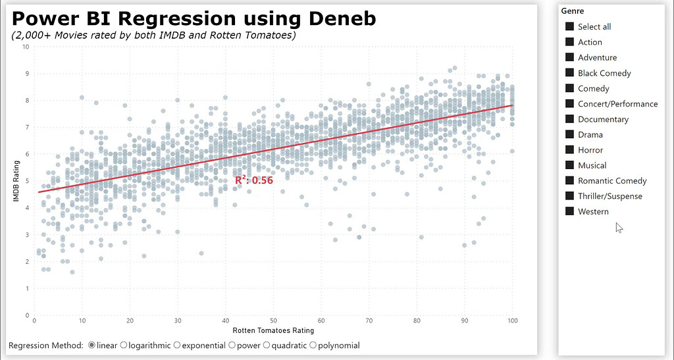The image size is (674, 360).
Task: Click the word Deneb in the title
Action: [340, 18]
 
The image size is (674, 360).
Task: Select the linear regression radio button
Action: [91, 345]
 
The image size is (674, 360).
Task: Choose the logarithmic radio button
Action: [123, 345]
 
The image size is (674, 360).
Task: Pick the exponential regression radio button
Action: [177, 345]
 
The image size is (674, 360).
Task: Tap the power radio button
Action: [232, 345]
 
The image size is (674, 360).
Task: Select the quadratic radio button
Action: [267, 345]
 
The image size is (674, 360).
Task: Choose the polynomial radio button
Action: [313, 345]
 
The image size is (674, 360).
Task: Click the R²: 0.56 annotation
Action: [253, 180]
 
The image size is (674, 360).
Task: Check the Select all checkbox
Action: [569, 26]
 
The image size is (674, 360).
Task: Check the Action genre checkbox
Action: [569, 42]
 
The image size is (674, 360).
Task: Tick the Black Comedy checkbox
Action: [569, 73]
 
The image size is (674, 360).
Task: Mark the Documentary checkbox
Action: [569, 119]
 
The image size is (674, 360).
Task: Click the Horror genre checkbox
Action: [569, 150]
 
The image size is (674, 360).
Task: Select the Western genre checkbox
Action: [569, 211]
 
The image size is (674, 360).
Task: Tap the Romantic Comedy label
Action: [612, 181]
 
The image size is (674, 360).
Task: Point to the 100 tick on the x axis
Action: [512, 321]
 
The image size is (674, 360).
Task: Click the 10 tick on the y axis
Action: [25, 47]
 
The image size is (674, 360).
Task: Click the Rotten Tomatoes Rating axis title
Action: [272, 330]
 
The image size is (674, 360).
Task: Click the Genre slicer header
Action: [573, 11]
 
